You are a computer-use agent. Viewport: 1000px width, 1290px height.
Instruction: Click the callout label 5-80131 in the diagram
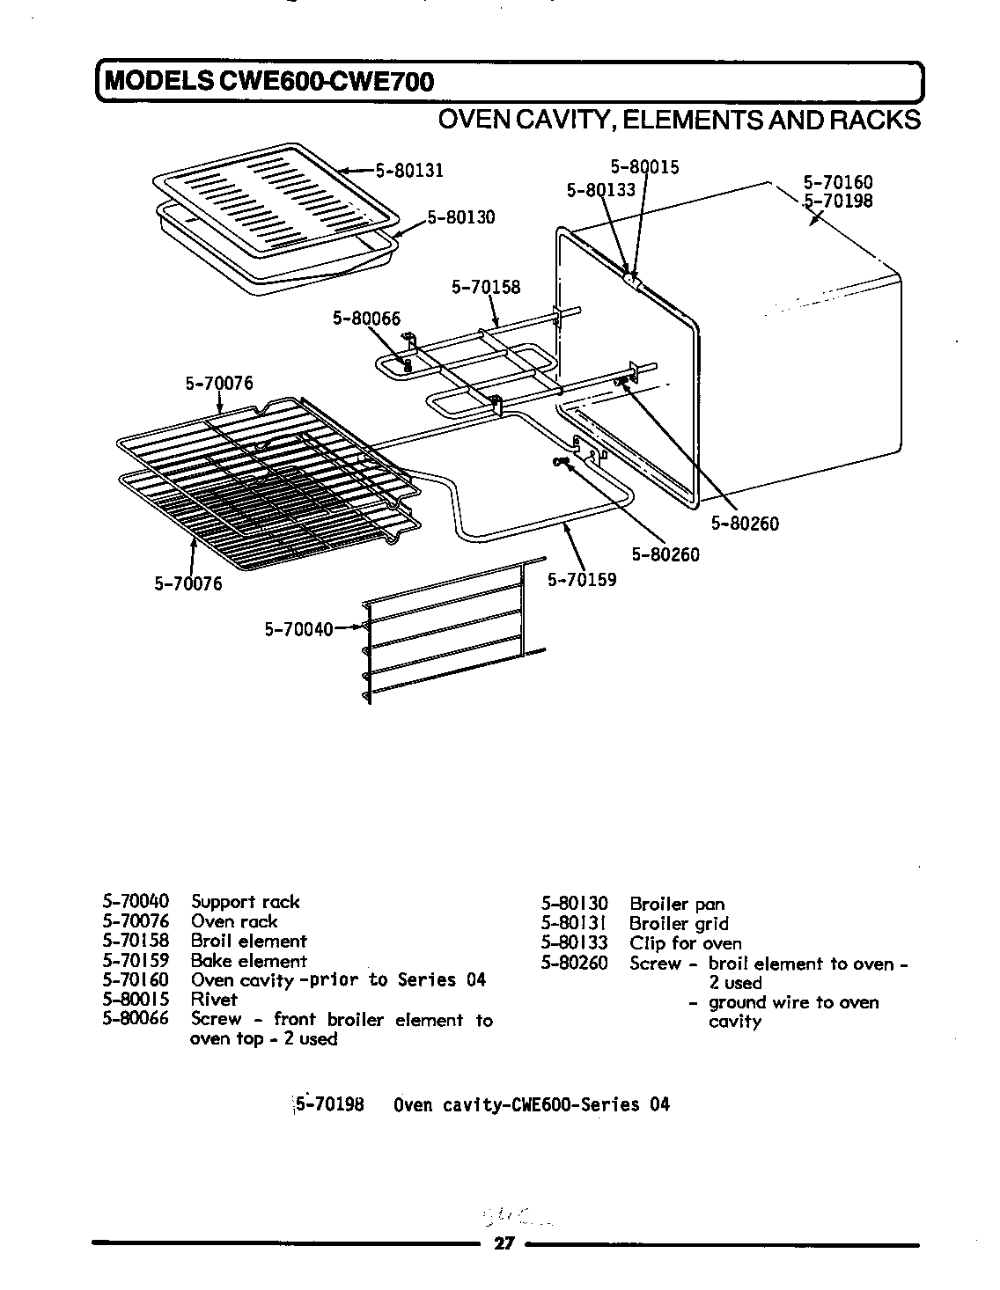[409, 171]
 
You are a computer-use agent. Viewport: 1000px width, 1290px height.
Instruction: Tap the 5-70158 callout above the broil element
[485, 287]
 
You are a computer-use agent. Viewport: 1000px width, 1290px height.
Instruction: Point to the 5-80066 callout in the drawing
[366, 319]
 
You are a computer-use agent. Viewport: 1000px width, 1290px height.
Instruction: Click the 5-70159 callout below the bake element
[582, 580]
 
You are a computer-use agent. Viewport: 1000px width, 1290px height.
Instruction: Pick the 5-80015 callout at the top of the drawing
[644, 167]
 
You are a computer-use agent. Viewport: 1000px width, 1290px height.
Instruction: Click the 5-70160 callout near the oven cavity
[837, 183]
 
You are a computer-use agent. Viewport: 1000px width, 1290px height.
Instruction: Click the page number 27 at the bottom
[503, 1243]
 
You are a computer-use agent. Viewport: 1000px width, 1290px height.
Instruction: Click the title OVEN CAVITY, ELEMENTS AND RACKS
[679, 121]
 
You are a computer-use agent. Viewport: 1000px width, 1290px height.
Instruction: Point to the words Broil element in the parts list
[248, 941]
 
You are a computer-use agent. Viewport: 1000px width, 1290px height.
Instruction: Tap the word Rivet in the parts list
[214, 1000]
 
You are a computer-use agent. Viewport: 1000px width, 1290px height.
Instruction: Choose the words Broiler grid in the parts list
[679, 923]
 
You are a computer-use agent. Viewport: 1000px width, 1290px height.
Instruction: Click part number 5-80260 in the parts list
[574, 964]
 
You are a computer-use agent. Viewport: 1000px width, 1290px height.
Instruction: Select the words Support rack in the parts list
[245, 902]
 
